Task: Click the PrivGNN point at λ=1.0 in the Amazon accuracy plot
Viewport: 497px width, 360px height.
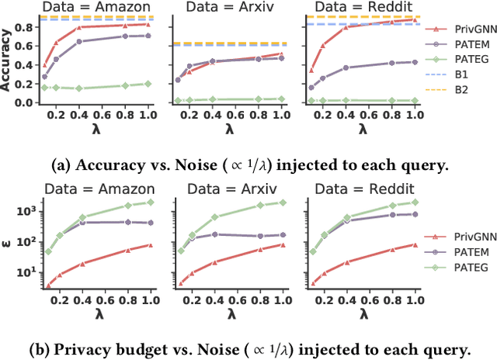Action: tap(148, 25)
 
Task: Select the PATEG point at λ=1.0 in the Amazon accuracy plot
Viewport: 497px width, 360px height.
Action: tap(148, 83)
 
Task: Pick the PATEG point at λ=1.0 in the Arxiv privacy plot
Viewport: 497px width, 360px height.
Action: tap(282, 202)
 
